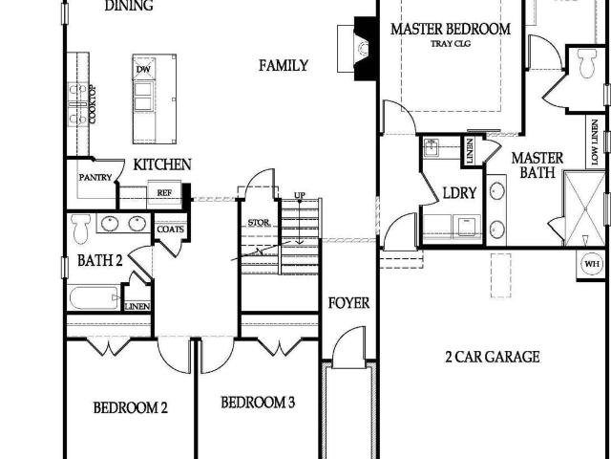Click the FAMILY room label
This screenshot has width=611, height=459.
284,65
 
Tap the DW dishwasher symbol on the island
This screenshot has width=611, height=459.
143,69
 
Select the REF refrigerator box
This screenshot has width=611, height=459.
164,192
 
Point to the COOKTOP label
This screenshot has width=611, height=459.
93,104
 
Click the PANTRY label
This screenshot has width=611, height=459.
95,178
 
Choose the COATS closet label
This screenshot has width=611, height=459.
170,229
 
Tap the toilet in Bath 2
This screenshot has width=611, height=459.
80,229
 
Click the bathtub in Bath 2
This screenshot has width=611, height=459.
95,297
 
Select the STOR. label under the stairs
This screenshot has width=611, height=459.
259,223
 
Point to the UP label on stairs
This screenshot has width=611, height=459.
299,195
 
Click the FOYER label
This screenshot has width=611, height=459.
348,303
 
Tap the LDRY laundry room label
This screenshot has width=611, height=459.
459,193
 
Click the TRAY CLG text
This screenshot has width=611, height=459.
451,44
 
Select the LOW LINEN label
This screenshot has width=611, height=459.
595,142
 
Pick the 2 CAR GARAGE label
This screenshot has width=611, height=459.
493,357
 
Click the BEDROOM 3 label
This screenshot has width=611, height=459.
258,403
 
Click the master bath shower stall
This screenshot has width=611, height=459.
584,208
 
